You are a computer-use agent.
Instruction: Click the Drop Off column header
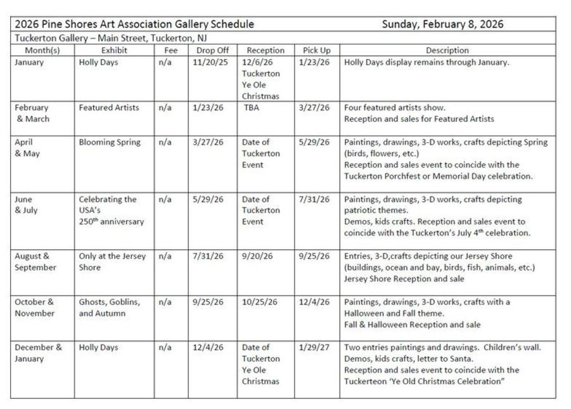pyautogui.click(x=212, y=50)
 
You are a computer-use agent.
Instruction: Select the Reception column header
pyautogui.click(x=266, y=50)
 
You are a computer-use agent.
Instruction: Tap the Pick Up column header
pyautogui.click(x=316, y=50)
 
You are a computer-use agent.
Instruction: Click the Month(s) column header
pyautogui.click(x=42, y=50)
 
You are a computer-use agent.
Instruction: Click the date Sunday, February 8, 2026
pyautogui.click(x=442, y=24)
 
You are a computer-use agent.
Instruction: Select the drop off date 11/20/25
pyautogui.click(x=208, y=62)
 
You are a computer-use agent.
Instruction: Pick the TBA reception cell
pyautogui.click(x=251, y=108)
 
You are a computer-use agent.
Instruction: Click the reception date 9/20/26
pyautogui.click(x=257, y=256)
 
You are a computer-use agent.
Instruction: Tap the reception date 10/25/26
pyautogui.click(x=260, y=302)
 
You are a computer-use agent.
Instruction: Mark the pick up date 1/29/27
pyautogui.click(x=314, y=347)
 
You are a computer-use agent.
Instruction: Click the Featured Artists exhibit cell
pyautogui.click(x=109, y=108)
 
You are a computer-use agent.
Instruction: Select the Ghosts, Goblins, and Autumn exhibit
pyautogui.click(x=110, y=308)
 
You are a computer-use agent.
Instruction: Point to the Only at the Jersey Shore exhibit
pyautogui.click(x=112, y=262)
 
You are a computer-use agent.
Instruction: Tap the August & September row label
pyautogui.click(x=35, y=262)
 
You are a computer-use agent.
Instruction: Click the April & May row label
pyautogui.click(x=25, y=148)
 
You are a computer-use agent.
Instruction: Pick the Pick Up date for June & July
pyautogui.click(x=314, y=199)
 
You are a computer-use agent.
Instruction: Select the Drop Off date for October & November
pyautogui.click(x=208, y=302)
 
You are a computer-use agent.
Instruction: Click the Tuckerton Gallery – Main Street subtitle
pyautogui.click(x=111, y=38)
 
